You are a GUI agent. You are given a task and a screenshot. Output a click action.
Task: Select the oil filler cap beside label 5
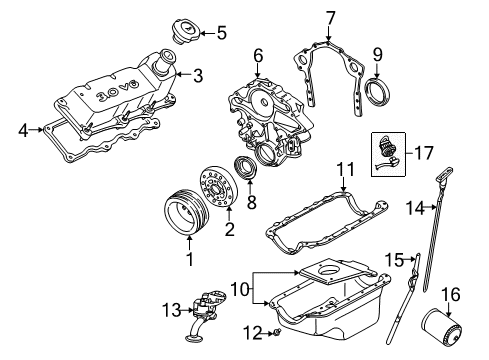pos(186,32)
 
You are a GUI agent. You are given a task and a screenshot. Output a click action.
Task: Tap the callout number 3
pos(198,73)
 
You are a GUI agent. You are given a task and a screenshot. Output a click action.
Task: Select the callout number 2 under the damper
pos(229,229)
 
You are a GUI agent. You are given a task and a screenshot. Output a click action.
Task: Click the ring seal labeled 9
pos(377,92)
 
